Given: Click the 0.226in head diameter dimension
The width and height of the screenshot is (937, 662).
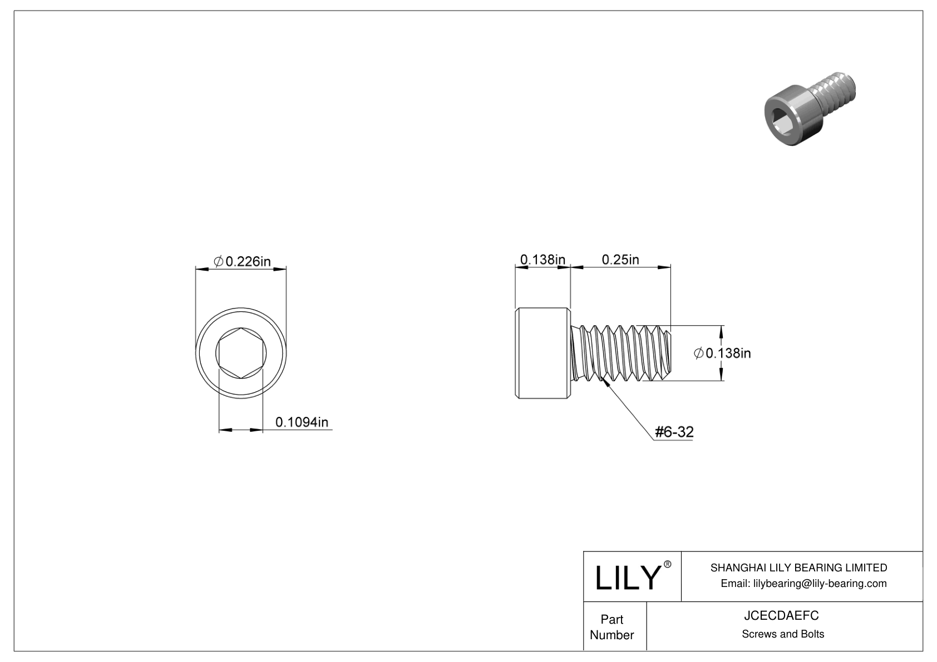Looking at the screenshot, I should pos(248,261).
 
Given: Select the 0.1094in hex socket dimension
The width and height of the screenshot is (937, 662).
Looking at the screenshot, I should pos(302,422).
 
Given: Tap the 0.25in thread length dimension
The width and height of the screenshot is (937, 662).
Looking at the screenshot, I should pos(620,259).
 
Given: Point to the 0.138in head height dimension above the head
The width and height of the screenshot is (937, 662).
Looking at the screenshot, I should pos(543,259).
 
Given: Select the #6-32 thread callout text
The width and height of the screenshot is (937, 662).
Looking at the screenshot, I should pos(674,432).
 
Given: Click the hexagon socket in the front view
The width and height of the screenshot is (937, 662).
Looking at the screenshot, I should pos(241,354).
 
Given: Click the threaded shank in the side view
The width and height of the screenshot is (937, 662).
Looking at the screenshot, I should pos(622,354).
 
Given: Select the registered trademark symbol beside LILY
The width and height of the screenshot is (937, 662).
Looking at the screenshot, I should pos(668,564).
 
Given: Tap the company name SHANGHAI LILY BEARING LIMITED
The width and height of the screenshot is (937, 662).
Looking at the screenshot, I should pos(798,568).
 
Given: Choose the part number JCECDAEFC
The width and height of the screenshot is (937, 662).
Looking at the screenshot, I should pos(782,616).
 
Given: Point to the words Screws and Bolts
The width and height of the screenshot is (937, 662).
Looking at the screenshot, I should pos(782,634).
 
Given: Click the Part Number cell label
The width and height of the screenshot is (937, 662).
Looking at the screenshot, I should pos(611,627).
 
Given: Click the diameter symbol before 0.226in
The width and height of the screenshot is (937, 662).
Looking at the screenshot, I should pos(218,261).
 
